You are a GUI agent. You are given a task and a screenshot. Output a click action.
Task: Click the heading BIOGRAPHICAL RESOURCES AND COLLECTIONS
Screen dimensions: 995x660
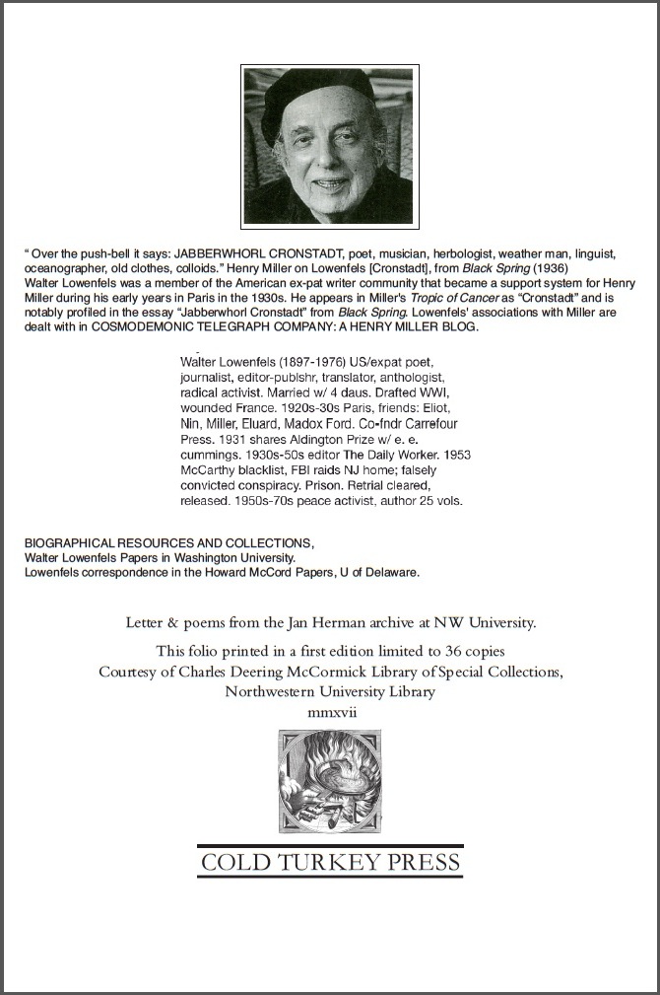pyautogui.click(x=168, y=543)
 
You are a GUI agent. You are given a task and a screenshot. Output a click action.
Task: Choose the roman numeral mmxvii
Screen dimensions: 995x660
pyautogui.click(x=330, y=711)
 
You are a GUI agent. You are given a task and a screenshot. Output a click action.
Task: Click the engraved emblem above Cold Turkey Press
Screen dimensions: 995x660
pyautogui.click(x=329, y=784)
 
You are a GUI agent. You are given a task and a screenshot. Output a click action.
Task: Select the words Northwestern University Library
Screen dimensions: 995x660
pyautogui.click(x=330, y=691)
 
